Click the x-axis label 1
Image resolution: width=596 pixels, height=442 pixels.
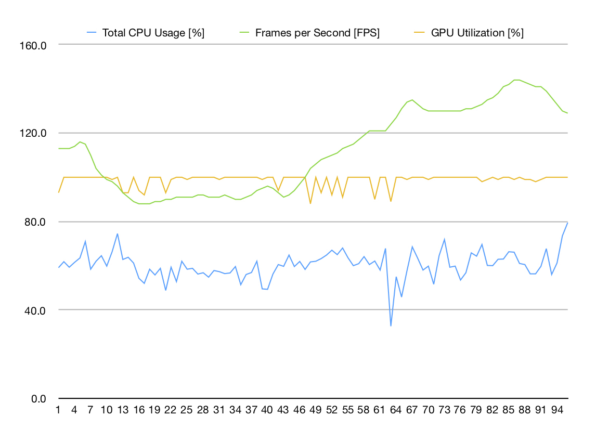58,410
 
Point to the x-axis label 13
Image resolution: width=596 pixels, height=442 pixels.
123,410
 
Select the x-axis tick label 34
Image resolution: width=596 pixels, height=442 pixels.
235,410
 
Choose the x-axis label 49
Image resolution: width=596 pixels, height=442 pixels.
316,410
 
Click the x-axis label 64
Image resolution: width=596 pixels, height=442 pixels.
396,410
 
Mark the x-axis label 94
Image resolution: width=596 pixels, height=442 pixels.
556,410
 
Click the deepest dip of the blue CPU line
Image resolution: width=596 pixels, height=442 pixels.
391,326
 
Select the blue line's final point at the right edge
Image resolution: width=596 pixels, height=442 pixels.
567,223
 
